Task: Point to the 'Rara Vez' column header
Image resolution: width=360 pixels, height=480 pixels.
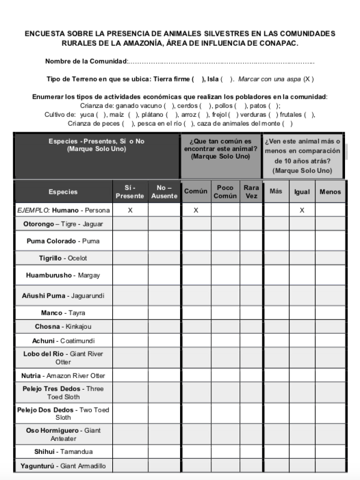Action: (x=251, y=191)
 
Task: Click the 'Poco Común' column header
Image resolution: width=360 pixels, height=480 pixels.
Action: (x=225, y=191)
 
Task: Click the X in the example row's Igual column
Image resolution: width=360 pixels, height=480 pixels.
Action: (x=302, y=210)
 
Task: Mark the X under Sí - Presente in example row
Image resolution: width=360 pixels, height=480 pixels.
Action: (x=129, y=210)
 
